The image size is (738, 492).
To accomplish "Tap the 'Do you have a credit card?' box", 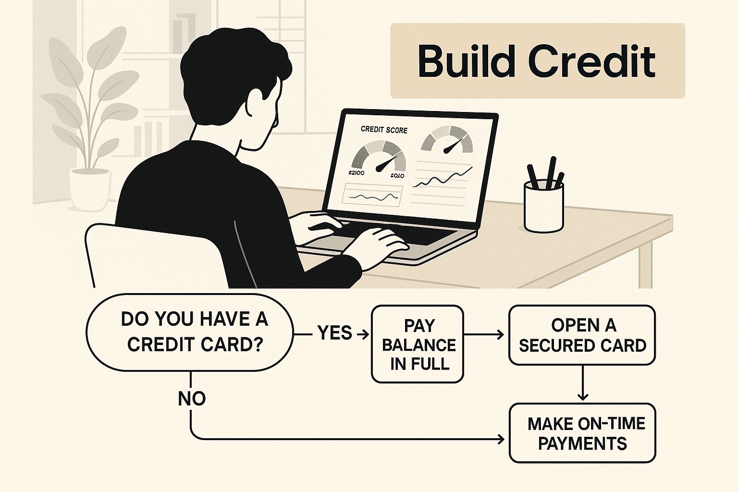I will pos(189,332).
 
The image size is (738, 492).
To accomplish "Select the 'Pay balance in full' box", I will pos(418,344).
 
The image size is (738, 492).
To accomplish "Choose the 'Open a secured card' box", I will pos(582,335).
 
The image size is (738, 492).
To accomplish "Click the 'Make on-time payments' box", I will pos(582,433).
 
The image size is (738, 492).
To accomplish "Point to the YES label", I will pos(335,333).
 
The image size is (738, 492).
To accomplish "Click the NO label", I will pos(192,398).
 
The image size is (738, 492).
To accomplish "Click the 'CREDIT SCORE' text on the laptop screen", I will pos(383,130).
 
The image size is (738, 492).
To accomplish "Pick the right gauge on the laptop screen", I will pos(447,139).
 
